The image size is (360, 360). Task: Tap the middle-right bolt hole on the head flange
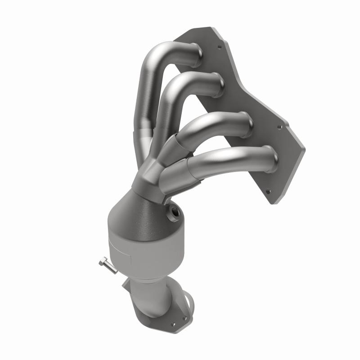click(281, 127)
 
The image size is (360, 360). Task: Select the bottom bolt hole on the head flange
click(269, 191)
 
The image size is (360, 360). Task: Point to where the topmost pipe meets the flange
click(197, 51)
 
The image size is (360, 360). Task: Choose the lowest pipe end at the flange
click(272, 159)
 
